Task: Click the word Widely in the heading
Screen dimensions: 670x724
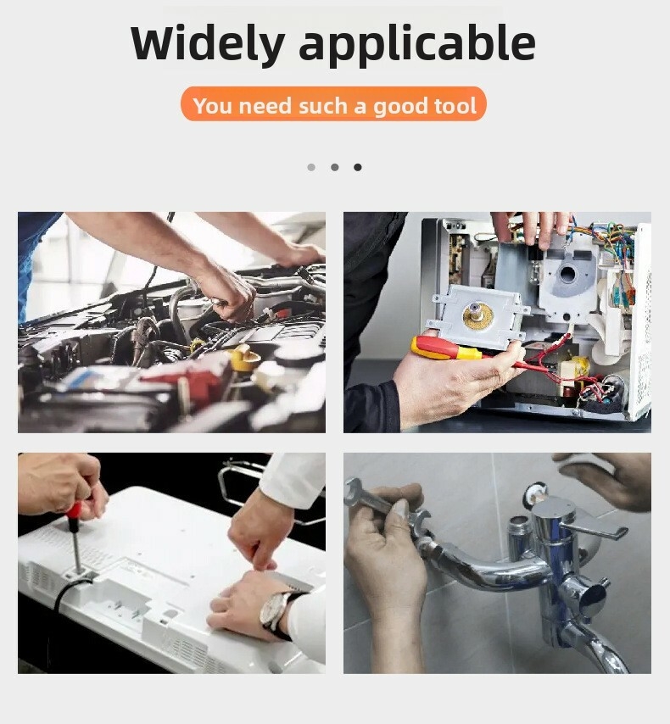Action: tap(208, 43)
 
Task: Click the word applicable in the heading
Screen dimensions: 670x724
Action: tap(417, 44)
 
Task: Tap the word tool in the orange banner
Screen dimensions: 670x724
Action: tap(455, 105)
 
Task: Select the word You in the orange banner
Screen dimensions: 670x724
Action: tap(213, 106)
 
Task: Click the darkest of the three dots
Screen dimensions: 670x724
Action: tap(358, 167)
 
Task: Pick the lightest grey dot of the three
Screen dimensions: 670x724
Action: tap(311, 167)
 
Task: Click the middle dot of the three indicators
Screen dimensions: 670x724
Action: tap(334, 167)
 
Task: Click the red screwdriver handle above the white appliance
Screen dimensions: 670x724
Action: tap(74, 510)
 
